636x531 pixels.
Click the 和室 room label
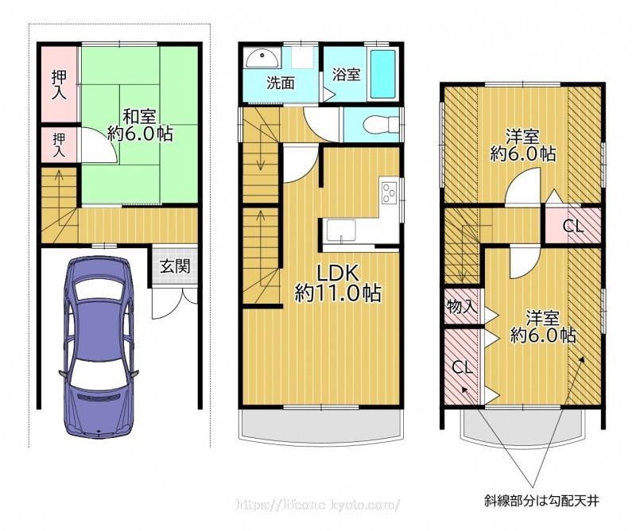[140, 116]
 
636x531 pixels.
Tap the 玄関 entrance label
[174, 266]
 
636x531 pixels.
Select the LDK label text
[337, 273]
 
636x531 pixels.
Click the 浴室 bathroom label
[346, 75]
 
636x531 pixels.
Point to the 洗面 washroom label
[281, 83]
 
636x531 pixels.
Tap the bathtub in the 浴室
[383, 74]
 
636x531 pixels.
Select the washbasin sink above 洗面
[262, 59]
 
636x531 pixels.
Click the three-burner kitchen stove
[390, 192]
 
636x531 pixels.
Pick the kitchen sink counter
[342, 231]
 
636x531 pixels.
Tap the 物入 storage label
[462, 306]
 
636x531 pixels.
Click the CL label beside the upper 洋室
[572, 226]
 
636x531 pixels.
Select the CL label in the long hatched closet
[463, 367]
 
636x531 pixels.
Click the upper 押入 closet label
[59, 84]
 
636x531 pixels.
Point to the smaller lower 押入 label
[59, 145]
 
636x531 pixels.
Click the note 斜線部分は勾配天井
[542, 501]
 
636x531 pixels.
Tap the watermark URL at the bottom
[317, 504]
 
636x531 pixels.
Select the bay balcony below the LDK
[322, 423]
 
